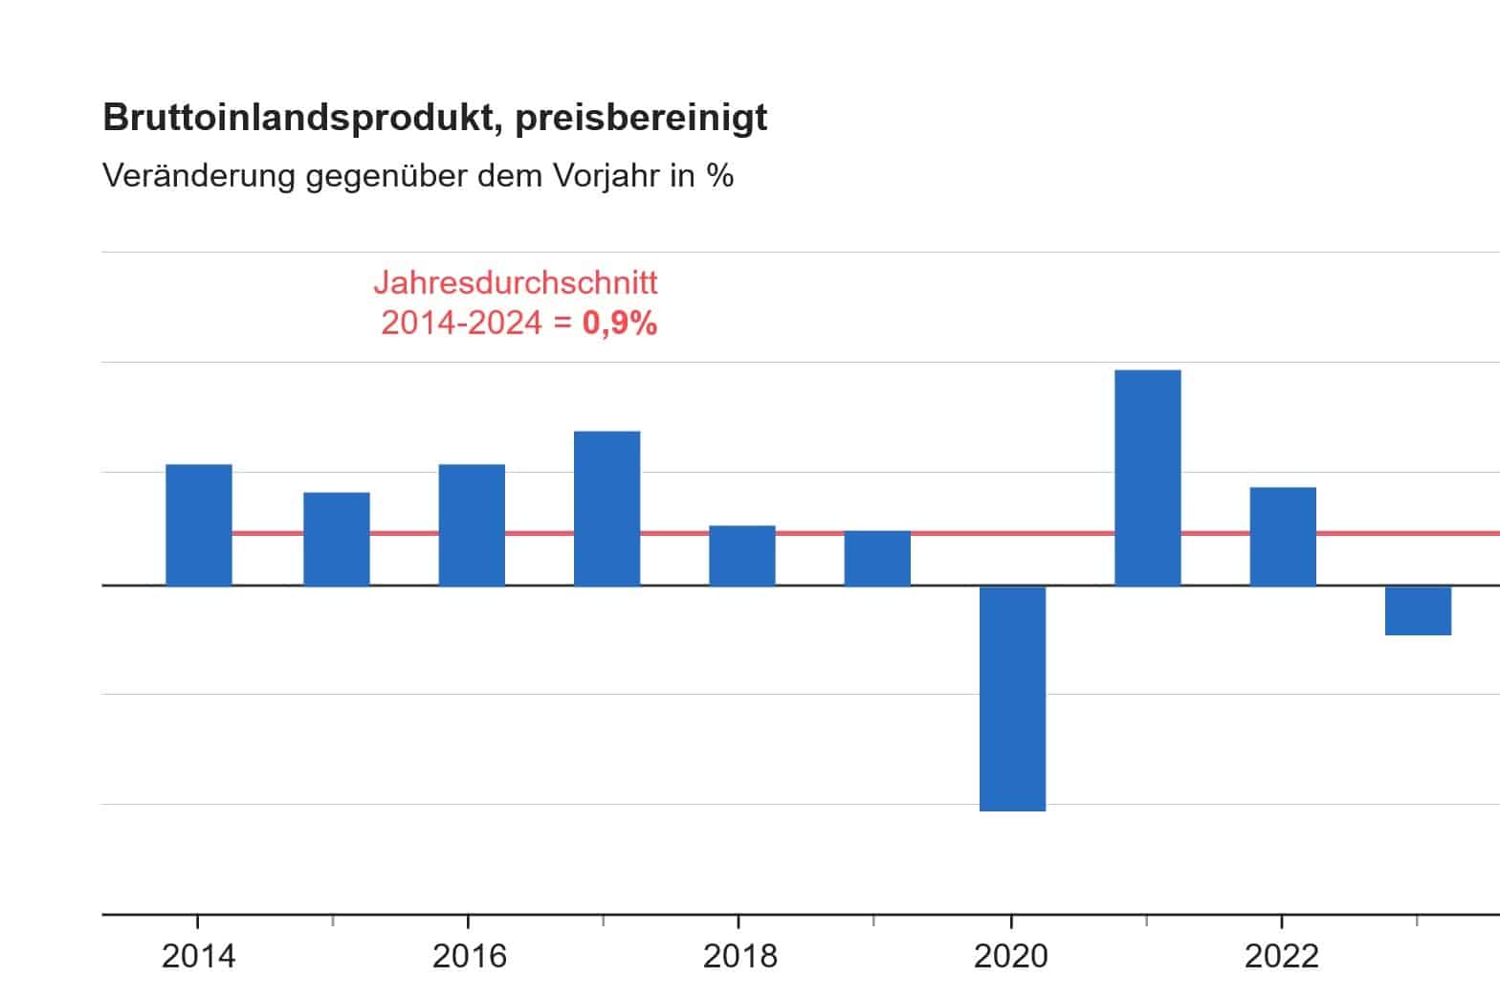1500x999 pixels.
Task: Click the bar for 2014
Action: click(x=199, y=524)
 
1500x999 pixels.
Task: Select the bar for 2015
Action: click(x=337, y=539)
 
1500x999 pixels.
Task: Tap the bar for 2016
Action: click(x=472, y=524)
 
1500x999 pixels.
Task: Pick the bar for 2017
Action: click(x=607, y=508)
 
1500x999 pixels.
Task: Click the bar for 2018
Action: click(x=742, y=555)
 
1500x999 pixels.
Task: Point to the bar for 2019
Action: click(x=877, y=558)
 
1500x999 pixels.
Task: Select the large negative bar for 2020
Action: click(x=1012, y=699)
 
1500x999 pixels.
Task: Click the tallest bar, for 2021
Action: click(x=1148, y=477)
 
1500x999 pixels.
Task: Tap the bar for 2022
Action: click(x=1283, y=536)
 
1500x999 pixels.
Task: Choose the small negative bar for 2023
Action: click(x=1418, y=610)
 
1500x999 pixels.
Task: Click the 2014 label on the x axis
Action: click(x=198, y=955)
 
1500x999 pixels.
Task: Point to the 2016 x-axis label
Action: click(x=469, y=955)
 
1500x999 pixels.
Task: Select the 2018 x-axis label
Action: click(x=739, y=955)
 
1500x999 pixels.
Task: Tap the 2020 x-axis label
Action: click(x=1010, y=955)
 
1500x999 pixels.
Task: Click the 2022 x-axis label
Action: click(x=1281, y=955)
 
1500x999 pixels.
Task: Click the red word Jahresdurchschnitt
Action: click(x=516, y=283)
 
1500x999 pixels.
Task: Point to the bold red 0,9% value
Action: click(x=620, y=323)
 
